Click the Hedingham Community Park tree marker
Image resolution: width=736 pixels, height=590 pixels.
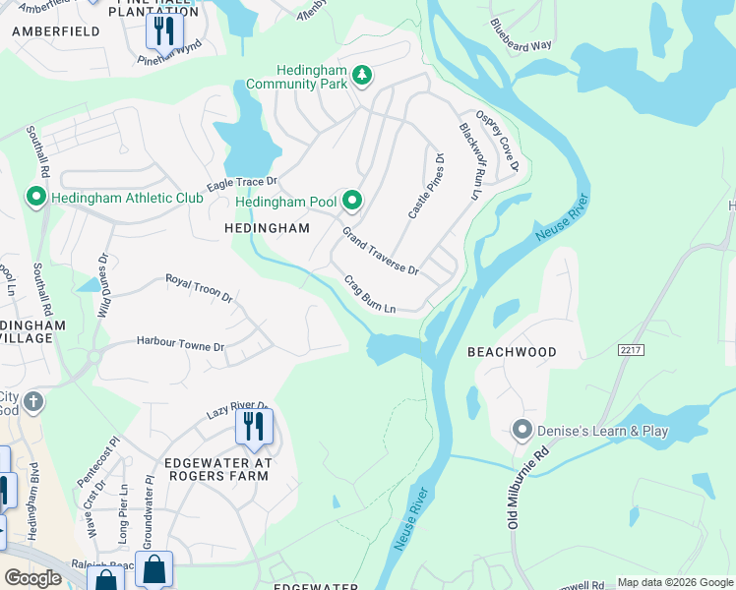[x=362, y=75]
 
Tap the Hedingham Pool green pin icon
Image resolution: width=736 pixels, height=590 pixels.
[x=352, y=202]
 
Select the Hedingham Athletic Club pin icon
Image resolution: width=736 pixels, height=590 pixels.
[x=36, y=198]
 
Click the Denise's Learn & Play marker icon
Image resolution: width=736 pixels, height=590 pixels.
[x=521, y=430]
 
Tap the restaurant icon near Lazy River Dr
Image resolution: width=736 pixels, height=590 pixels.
[x=255, y=427]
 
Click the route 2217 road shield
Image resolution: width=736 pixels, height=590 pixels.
[x=631, y=349]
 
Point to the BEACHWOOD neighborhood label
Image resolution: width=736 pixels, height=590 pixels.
[x=512, y=352]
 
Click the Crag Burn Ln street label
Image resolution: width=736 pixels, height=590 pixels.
[x=369, y=294]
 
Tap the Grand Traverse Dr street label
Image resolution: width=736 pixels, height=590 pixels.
[x=380, y=251]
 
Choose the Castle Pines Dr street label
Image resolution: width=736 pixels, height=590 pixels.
[x=426, y=186]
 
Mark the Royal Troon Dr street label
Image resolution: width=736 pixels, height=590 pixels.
[x=199, y=288]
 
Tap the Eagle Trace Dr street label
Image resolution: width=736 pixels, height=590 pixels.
[x=242, y=184]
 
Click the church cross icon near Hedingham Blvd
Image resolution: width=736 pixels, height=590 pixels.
[x=32, y=401]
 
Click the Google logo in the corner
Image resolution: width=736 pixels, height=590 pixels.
[x=32, y=578]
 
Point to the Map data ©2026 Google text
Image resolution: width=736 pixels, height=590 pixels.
[x=674, y=582]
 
